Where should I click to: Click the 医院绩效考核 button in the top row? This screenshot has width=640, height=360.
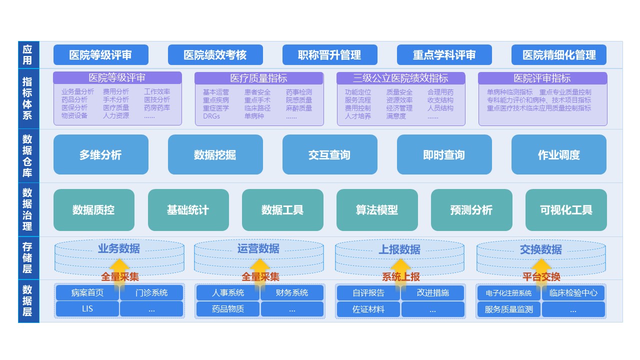click(215, 55)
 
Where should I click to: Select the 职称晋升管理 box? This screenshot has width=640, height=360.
click(329, 55)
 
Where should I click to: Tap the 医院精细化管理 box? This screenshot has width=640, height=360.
click(559, 55)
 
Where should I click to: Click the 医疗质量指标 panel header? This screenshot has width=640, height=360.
click(258, 78)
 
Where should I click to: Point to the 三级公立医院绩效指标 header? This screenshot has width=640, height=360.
click(400, 78)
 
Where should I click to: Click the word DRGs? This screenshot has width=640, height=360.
click(211, 116)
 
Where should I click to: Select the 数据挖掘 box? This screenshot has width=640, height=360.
click(215, 155)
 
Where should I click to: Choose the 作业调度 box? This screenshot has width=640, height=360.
click(559, 155)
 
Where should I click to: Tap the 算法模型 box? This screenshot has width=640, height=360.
click(377, 210)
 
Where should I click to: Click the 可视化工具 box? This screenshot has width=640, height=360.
click(566, 210)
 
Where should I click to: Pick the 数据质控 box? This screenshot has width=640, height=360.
click(93, 210)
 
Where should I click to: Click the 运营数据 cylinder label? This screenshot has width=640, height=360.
click(258, 248)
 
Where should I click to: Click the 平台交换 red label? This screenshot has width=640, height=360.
click(541, 277)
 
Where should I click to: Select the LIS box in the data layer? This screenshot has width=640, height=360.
click(87, 309)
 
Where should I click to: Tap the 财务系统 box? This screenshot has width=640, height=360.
click(292, 293)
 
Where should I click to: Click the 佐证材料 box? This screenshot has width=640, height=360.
click(368, 309)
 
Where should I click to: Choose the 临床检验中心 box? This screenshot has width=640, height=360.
click(573, 293)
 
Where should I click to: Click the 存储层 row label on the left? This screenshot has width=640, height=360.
click(28, 258)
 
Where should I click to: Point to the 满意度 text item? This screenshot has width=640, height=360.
click(396, 116)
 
